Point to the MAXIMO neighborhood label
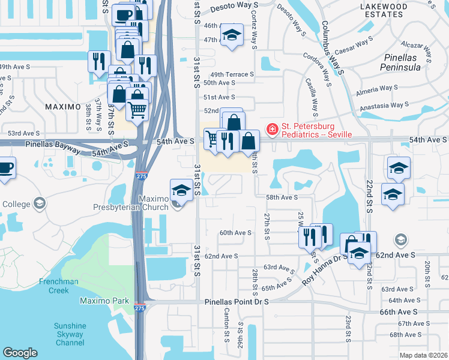point(63,106)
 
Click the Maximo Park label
point(100,299)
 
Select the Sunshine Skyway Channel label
point(70,334)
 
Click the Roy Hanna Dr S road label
point(324,262)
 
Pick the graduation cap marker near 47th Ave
point(232,35)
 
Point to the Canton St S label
point(227,322)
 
